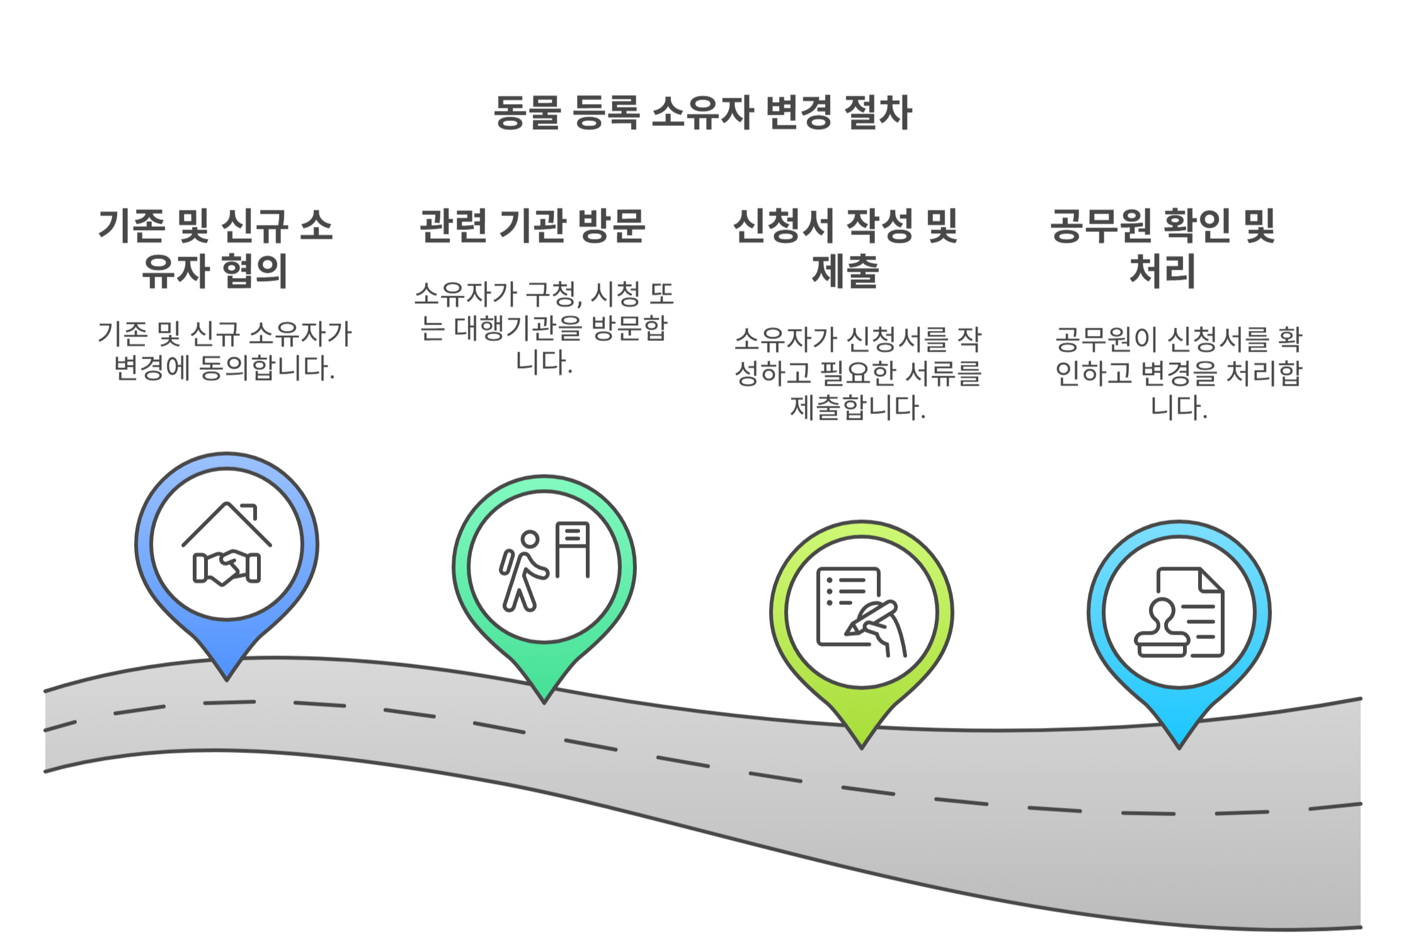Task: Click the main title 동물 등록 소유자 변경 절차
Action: pyautogui.click(x=702, y=112)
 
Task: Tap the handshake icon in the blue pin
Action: pyautogui.click(x=227, y=567)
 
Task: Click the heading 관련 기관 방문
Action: pyautogui.click(x=532, y=226)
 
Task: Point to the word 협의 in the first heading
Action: pyautogui.click(x=255, y=271)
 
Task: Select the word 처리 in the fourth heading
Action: pyautogui.click(x=1163, y=271)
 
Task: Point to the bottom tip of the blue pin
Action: pyautogui.click(x=227, y=679)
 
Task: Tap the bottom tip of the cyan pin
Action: pyautogui.click(x=1179, y=747)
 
